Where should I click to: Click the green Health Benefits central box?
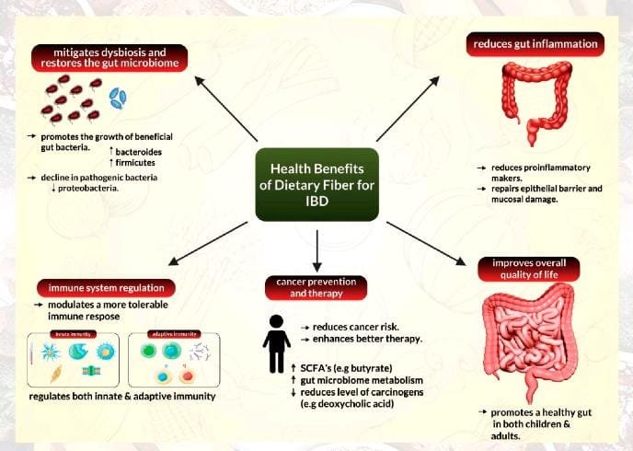317,183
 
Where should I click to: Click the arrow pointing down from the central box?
316,248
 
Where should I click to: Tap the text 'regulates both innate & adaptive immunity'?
121,396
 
